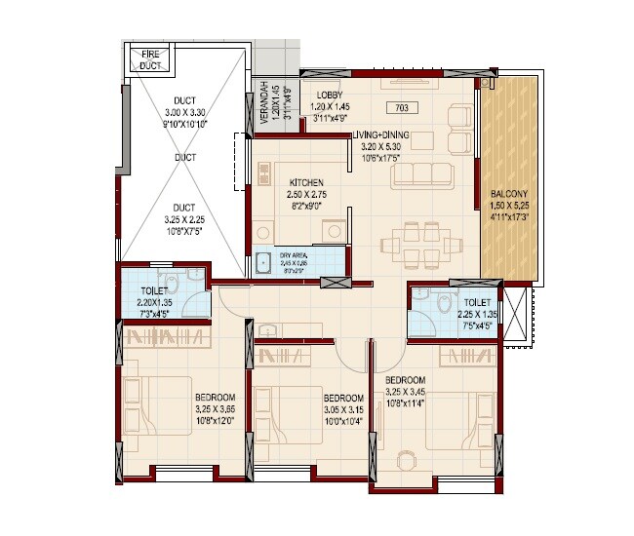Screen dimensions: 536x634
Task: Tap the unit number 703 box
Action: pos(402,107)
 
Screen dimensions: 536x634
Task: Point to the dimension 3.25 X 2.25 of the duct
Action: pos(183,219)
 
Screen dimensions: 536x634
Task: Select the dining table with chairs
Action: pos(423,244)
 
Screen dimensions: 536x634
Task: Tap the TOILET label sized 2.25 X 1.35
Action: pos(478,303)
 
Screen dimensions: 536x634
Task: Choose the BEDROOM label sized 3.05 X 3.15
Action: pos(342,398)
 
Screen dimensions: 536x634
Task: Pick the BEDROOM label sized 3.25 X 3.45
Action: pos(404,379)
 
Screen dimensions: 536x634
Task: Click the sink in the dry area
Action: pos(263,262)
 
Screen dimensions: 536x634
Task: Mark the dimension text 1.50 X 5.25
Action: pos(508,206)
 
